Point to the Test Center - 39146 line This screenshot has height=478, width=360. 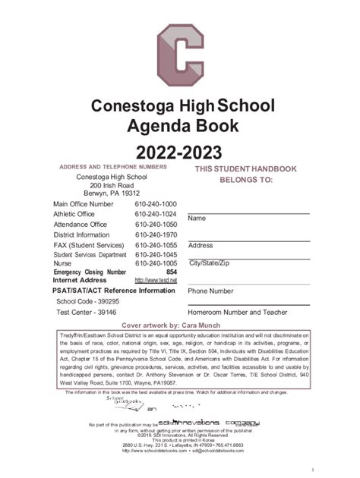click(80, 311)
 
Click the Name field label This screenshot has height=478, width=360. click(197, 219)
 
